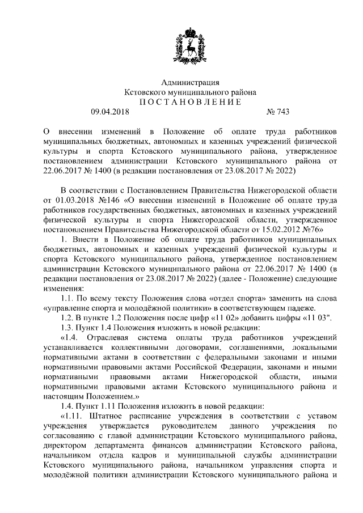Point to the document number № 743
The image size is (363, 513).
pos(269,112)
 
